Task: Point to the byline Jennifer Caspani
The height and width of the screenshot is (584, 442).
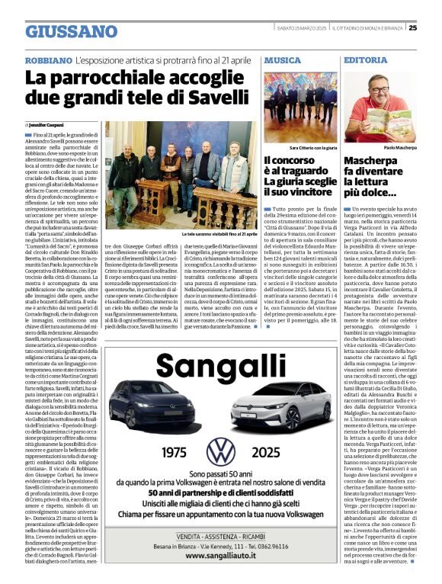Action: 48,124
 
